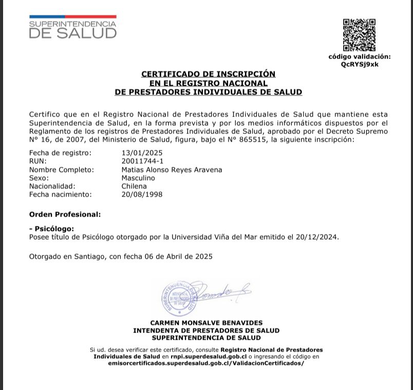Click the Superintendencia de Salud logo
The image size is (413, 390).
coord(72,27)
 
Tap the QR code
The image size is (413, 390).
coord(359,35)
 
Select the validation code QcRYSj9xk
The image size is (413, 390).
coord(359,64)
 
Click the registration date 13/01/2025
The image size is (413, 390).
coord(142,153)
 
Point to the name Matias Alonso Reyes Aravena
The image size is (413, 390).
coord(172,169)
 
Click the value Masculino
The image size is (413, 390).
coord(138,178)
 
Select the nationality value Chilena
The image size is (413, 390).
coord(134,186)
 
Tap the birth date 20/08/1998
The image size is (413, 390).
coord(142,194)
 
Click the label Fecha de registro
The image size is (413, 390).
coord(60,153)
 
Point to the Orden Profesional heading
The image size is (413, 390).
coord(65,214)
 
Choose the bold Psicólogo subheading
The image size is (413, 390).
coord(53,229)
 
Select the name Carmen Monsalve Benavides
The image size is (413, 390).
coord(206,323)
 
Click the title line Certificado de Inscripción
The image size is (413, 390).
coord(208,74)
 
